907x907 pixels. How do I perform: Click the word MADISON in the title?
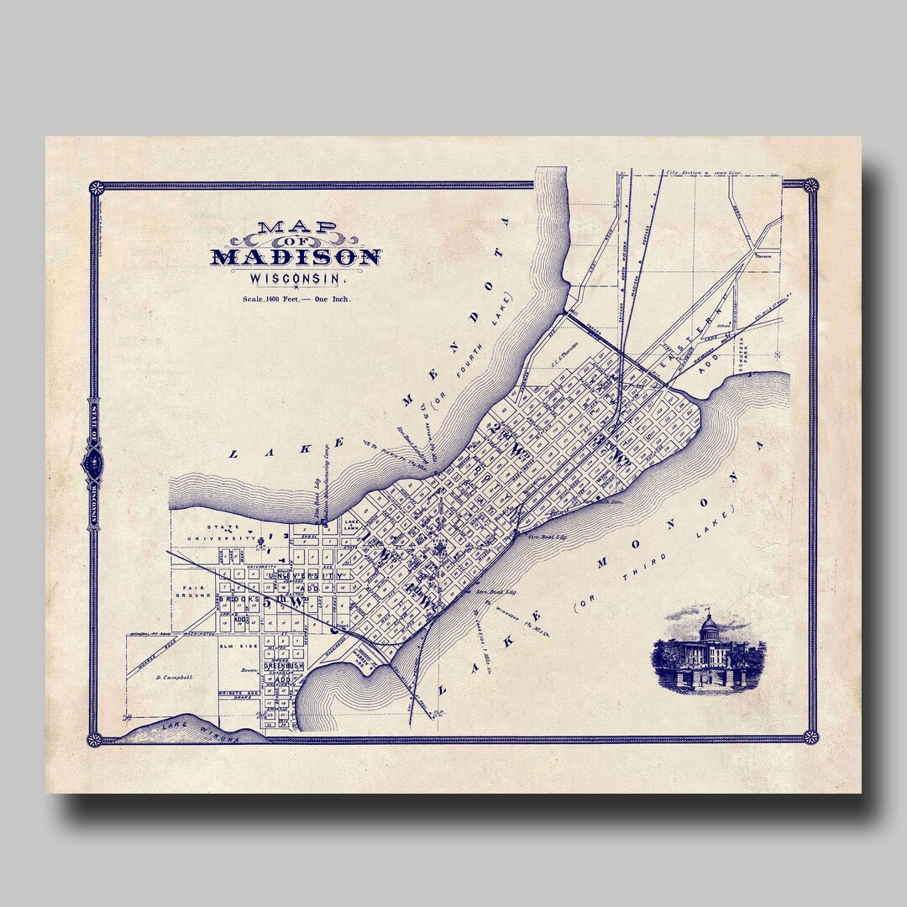click(296, 257)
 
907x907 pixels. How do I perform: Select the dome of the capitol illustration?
click(710, 626)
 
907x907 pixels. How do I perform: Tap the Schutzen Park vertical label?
click(742, 354)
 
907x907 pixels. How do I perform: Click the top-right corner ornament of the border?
click(810, 186)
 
